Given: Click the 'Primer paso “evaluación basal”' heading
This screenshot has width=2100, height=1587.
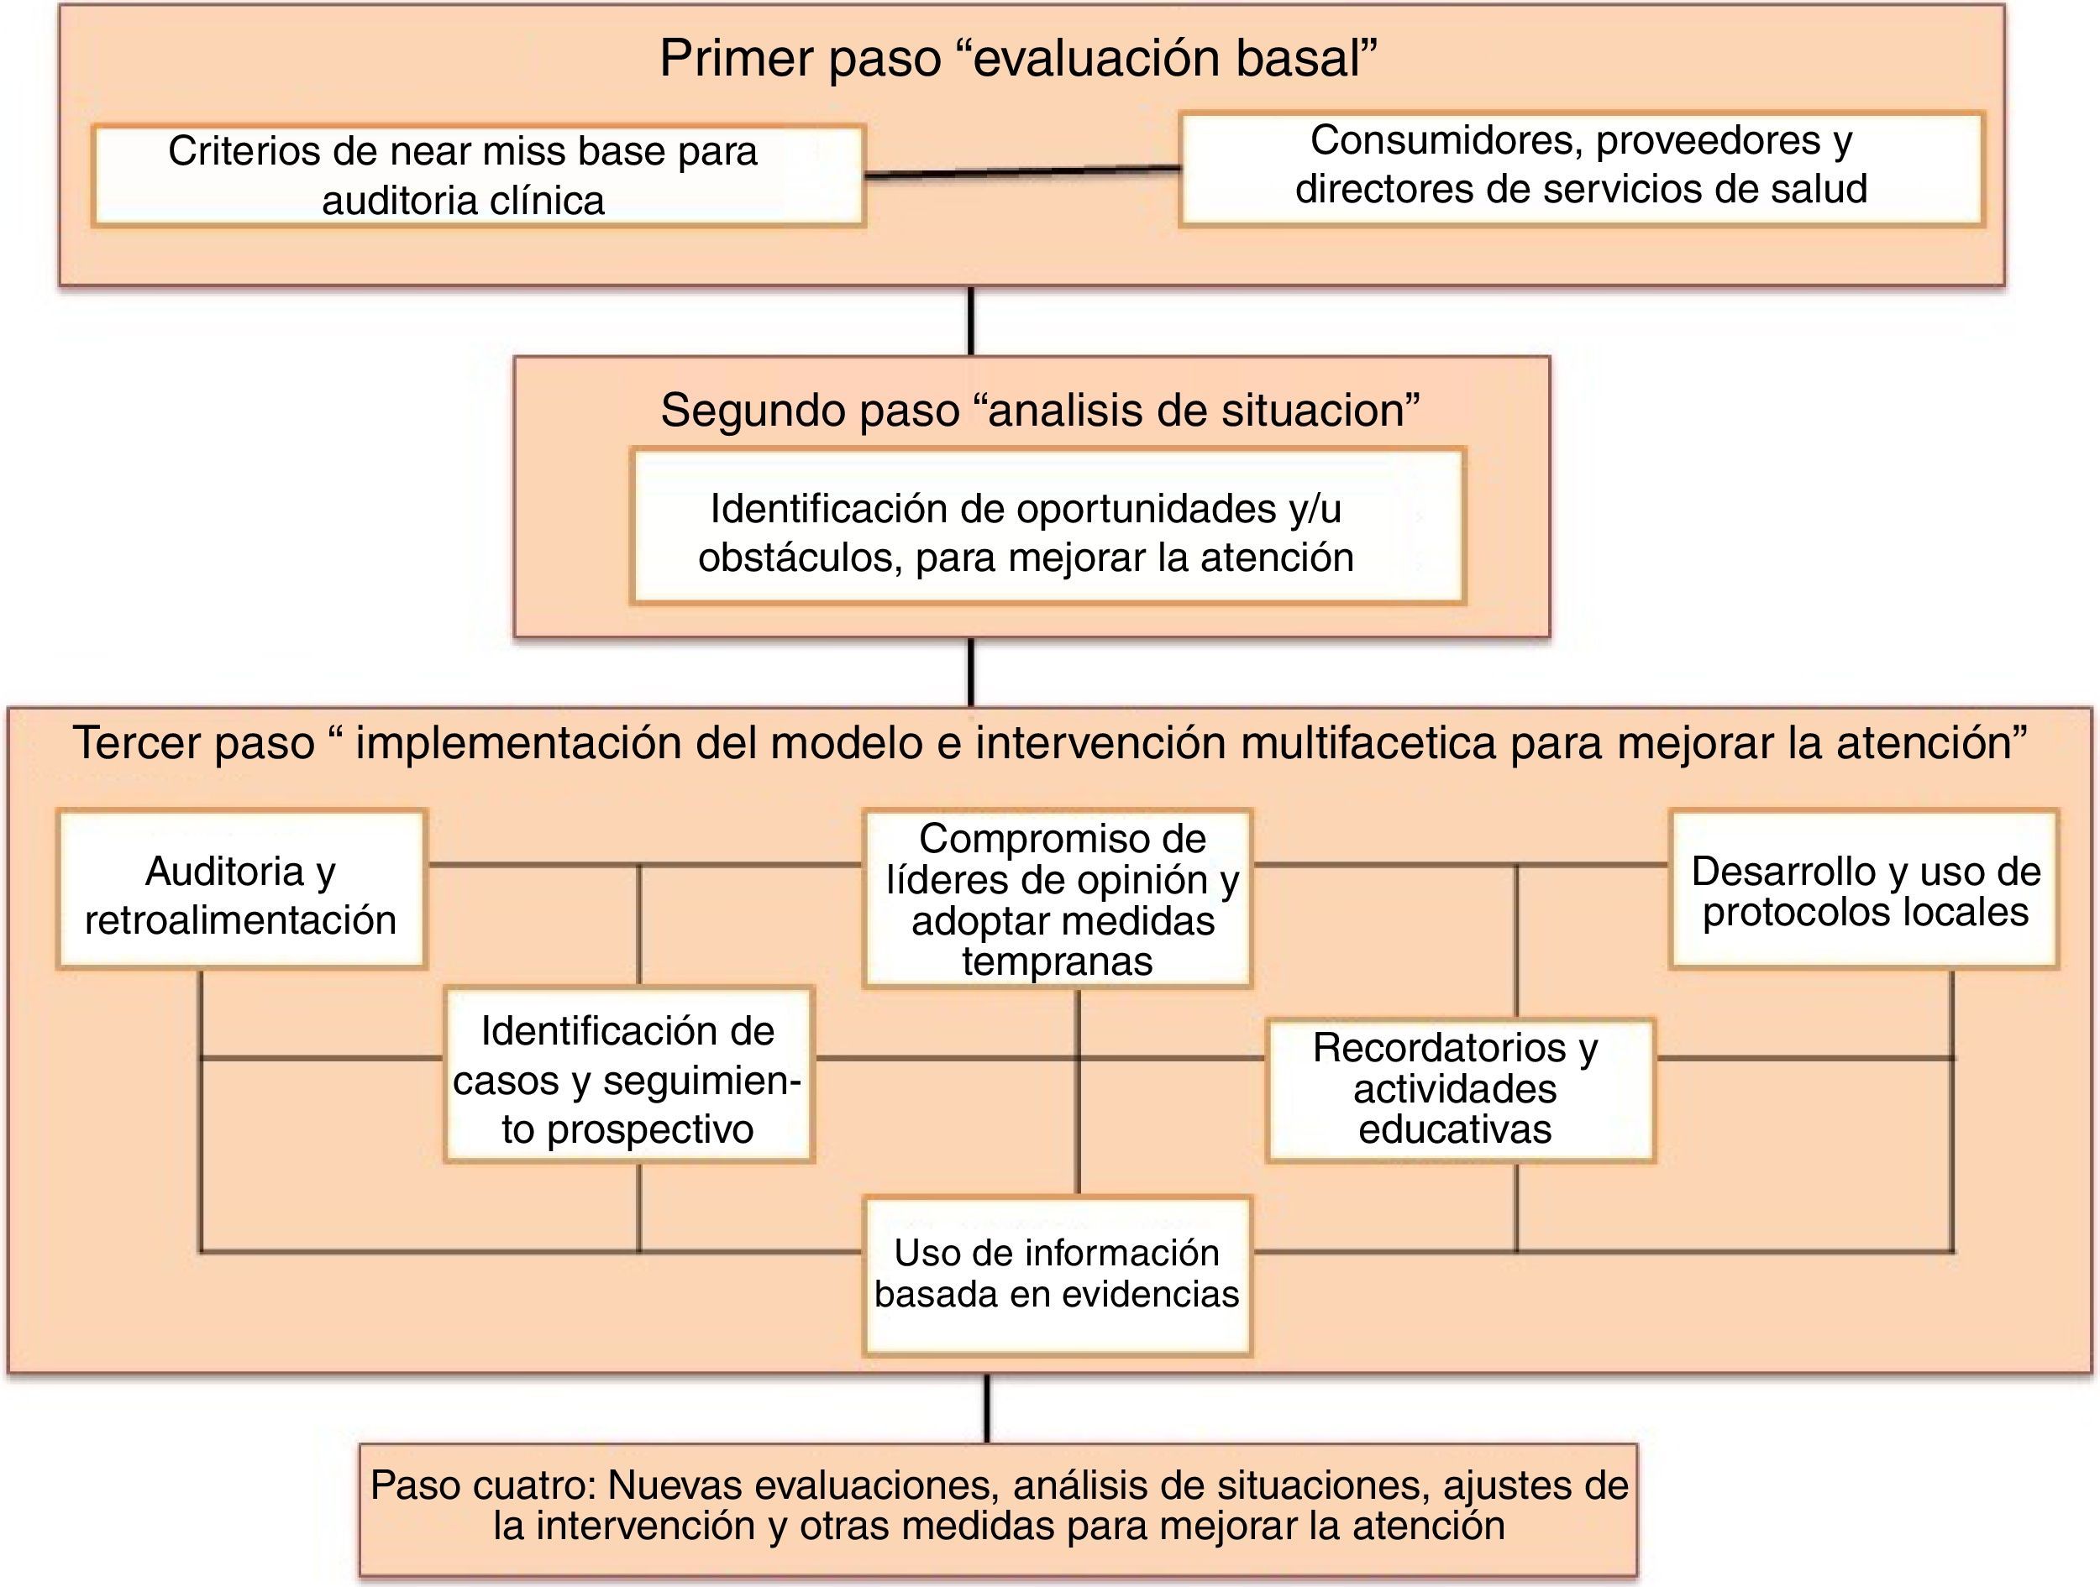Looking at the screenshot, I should click(1018, 59).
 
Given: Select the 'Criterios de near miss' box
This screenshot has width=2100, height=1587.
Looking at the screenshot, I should click(479, 175).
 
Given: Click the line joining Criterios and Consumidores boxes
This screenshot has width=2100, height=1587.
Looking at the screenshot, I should click(1021, 172).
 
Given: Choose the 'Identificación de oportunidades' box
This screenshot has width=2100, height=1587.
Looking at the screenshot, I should click(1047, 526).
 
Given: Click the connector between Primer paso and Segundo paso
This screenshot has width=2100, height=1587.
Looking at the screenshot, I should click(970, 321).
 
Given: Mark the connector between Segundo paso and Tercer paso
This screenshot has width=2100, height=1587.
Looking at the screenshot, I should click(970, 672).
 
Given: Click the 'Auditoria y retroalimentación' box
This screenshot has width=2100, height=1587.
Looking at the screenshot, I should click(241, 889).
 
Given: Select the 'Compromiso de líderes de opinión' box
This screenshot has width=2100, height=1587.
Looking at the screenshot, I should click(1058, 898).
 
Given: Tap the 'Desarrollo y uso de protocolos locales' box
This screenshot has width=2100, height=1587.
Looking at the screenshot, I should click(1864, 889).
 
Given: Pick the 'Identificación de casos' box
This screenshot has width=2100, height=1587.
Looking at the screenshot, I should click(628, 1076).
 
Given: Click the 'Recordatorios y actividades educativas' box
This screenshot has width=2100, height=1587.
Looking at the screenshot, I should click(1460, 1090).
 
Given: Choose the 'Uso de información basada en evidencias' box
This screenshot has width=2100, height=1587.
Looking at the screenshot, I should click(1058, 1274).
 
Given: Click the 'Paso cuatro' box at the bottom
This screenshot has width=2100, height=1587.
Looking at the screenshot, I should click(998, 1506).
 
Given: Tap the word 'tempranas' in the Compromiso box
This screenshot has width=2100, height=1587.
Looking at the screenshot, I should click(1057, 962).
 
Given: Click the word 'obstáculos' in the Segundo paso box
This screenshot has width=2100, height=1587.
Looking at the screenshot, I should click(800, 558).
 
